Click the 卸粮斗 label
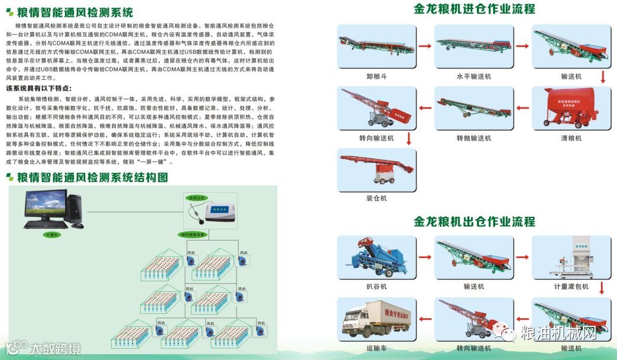[x=376, y=77]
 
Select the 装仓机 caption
[x=376, y=199]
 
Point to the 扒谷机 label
[x=376, y=287]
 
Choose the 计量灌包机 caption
[x=570, y=287]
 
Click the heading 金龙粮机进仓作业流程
[x=475, y=9]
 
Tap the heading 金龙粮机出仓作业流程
[x=475, y=222]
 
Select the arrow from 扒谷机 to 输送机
[x=425, y=257]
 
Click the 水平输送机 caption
[x=473, y=77]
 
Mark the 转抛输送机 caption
[x=473, y=138]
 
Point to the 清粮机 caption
[x=571, y=138]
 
